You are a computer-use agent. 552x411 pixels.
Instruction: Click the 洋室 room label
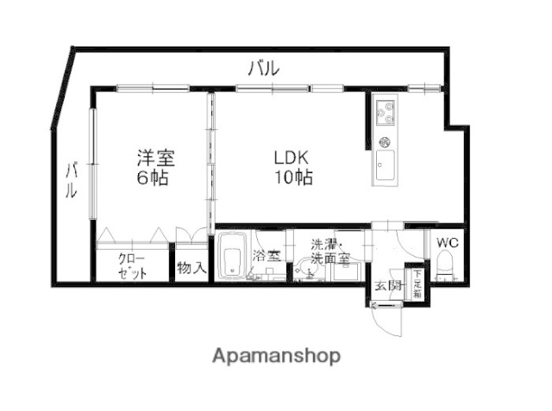tap(155, 159)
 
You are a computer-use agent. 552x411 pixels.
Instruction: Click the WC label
tap(447, 242)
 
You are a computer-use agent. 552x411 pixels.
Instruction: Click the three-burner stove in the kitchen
tap(385, 111)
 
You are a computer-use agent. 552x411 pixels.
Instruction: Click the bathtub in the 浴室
tap(230, 258)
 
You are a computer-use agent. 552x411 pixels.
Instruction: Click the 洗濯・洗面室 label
tap(330, 251)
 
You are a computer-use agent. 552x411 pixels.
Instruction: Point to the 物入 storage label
tap(191, 268)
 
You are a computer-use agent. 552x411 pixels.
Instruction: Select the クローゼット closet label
tap(133, 265)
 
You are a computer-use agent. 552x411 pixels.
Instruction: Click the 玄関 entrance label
tap(387, 286)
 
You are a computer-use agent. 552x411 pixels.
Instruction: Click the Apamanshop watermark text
tap(276, 356)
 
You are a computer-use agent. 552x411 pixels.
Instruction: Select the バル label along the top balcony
tap(262, 69)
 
